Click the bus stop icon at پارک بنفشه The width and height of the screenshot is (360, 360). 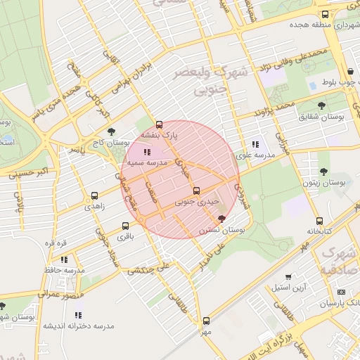pos(159,124)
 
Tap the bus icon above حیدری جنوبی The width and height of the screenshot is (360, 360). pos(195,190)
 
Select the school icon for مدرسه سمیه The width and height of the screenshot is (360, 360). pos(146,151)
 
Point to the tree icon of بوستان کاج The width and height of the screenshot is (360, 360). pos(111,131)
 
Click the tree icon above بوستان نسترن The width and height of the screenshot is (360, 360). pos(222,219)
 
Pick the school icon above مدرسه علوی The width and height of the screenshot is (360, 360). pos(255,144)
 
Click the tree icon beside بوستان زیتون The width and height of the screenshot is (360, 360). pos(323,172)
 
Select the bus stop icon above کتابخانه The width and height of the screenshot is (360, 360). pos(320,221)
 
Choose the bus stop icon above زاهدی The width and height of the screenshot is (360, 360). pos(94,196)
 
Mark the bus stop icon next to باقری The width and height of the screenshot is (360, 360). pos(125,226)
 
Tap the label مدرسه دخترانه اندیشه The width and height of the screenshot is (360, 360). pos(78,326)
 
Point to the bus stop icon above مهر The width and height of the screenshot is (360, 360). pos(205,321)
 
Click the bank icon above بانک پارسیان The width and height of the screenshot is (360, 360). pos(342,292)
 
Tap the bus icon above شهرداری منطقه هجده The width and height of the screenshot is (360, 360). pos(324,14)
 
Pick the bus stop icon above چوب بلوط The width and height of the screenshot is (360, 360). pos(351,70)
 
